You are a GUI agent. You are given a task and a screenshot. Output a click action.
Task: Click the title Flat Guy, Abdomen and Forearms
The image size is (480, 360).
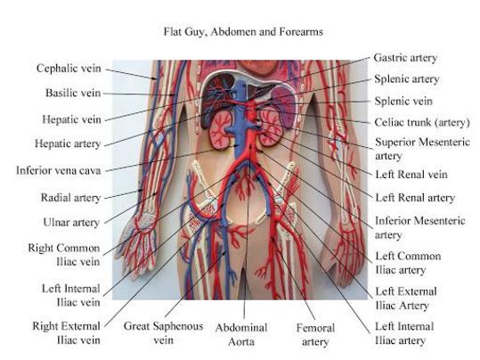pos(243,32)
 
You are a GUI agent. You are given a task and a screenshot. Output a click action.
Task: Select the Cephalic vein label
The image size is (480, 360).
pos(69,68)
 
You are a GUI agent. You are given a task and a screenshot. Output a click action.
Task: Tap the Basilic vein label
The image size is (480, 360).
pos(73,93)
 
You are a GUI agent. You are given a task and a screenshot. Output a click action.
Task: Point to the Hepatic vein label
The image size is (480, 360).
pos(71,119)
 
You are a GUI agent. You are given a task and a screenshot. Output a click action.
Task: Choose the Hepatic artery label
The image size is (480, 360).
pos(68,143)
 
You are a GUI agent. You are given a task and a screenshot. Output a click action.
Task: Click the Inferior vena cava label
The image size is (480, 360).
pos(58,170)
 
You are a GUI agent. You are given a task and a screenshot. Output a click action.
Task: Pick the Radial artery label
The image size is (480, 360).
pos(70,198)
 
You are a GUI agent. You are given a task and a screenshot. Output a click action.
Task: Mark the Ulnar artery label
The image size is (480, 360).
pos(71,222)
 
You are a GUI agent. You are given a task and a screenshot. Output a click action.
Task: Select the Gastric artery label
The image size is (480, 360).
pos(405,58)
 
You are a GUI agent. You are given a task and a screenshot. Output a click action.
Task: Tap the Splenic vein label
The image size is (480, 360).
pos(403,101)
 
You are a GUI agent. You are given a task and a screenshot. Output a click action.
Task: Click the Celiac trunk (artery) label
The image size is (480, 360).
pos(422,123)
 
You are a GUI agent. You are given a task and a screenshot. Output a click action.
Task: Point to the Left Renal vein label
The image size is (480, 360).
pos(411,175)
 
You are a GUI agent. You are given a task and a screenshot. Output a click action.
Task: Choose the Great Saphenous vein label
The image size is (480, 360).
pos(163,333)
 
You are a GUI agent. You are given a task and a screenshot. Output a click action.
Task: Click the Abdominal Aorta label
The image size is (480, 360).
pos(241,334)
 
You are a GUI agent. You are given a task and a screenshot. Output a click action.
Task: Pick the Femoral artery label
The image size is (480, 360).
pos(315,334)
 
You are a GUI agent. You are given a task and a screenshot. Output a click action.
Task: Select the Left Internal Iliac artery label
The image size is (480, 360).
pos(404,333)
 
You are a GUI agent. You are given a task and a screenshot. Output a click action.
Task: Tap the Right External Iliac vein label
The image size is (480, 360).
pos(67,333)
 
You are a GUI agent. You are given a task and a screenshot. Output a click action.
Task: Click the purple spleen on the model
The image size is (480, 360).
pos(284,106)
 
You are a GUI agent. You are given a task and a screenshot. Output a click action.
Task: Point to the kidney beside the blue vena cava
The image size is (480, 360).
pos(221,130)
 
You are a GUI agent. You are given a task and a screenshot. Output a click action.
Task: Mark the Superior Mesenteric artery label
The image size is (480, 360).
pos(422,149)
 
